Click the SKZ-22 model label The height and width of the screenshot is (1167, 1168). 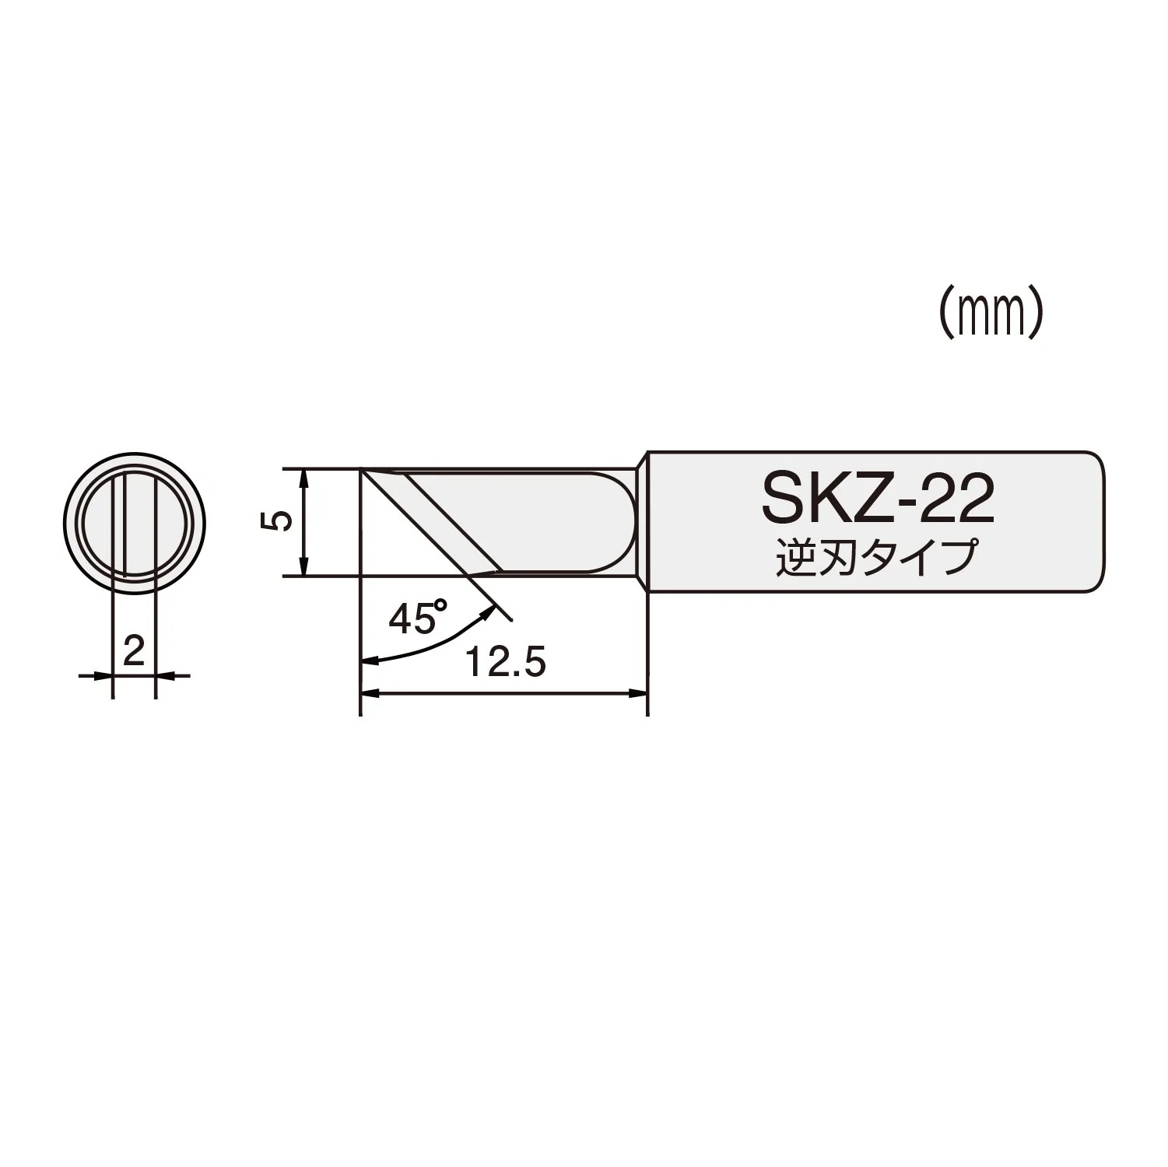coord(877,500)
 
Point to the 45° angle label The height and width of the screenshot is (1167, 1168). coord(419,619)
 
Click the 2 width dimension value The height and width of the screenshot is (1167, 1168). coord(135,650)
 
